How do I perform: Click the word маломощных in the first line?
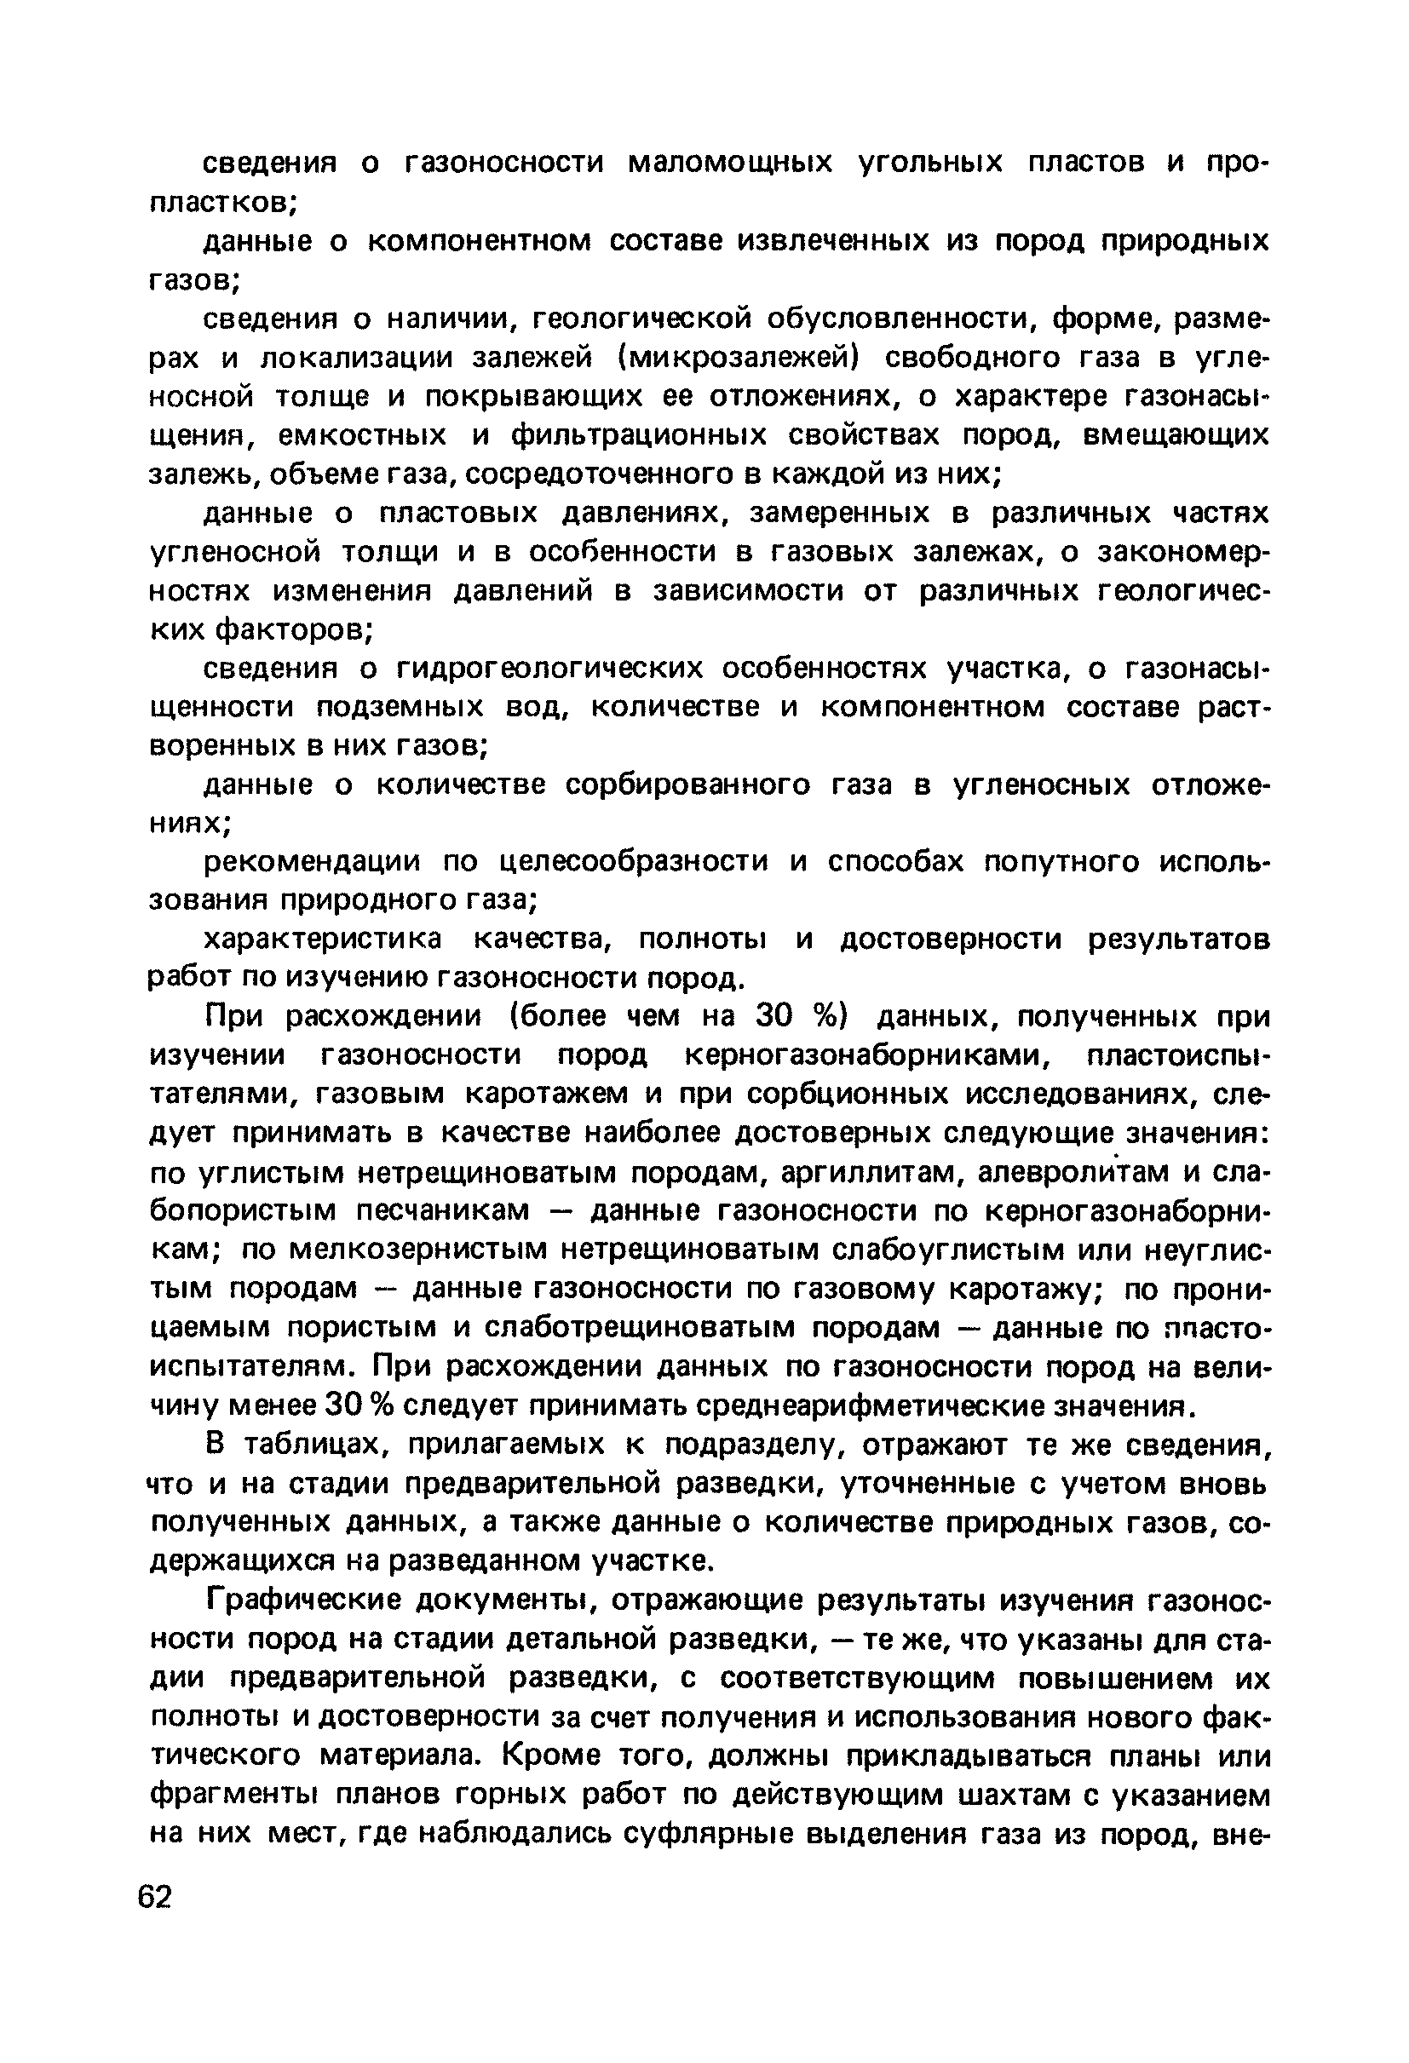pos(731,163)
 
